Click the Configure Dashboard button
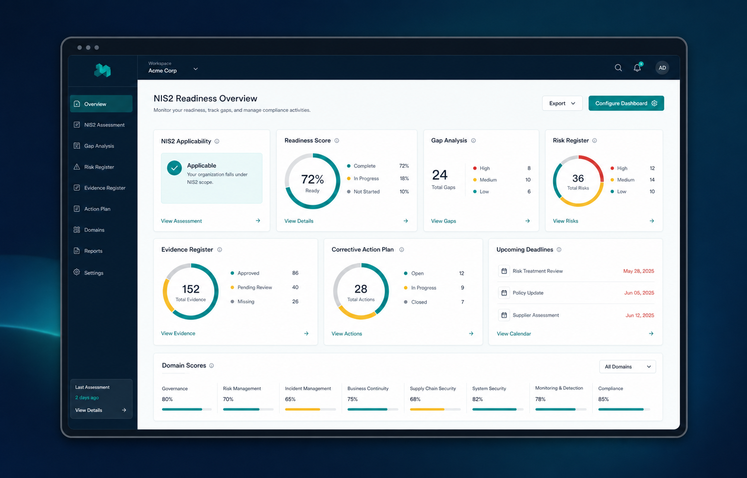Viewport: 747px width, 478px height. [626, 103]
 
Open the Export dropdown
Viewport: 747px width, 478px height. [562, 103]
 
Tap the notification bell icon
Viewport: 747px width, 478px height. [637, 67]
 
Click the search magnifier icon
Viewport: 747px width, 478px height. [618, 68]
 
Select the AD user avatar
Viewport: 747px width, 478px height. [662, 68]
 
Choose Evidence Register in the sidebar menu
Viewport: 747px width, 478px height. [105, 188]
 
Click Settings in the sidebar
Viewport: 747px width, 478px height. [94, 273]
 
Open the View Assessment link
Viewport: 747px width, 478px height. [182, 221]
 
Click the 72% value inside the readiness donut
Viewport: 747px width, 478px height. [313, 180]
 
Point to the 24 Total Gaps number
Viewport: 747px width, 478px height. [440, 175]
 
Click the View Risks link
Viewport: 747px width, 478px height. [565, 221]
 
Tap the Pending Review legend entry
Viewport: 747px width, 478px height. [255, 287]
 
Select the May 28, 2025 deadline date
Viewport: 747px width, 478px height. [638, 271]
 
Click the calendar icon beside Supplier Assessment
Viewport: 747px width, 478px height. [504, 315]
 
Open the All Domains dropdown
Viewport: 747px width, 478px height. [627, 366]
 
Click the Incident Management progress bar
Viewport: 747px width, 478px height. [310, 409]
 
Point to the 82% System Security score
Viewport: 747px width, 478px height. [477, 399]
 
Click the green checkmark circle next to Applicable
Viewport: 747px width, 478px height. [174, 168]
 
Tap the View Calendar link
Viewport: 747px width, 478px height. [514, 334]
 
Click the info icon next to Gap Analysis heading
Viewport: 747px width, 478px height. [473, 141]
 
